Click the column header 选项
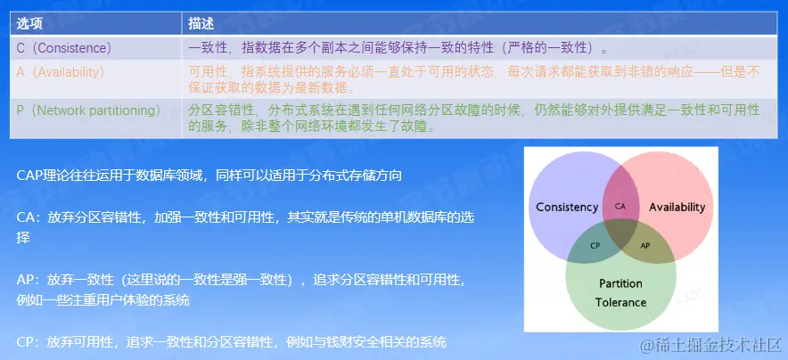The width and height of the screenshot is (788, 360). click(29, 23)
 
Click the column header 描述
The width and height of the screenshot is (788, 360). click(201, 23)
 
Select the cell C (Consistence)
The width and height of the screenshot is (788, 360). click(64, 48)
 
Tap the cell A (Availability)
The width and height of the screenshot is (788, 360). click(61, 72)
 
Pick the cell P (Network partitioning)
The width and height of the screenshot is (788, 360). click(88, 110)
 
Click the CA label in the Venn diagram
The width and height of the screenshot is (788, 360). click(620, 206)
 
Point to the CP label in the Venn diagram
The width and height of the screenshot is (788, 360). click(595, 246)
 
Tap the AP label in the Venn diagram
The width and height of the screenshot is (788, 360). click(645, 246)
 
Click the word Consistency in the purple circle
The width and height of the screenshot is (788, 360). click(567, 208)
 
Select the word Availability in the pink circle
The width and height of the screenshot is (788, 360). click(677, 207)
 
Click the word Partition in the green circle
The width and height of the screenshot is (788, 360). click(620, 283)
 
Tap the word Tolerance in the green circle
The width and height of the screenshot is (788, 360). click(620, 302)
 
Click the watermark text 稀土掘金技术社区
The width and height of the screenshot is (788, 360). click(716, 346)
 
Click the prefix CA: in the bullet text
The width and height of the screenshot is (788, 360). click(29, 218)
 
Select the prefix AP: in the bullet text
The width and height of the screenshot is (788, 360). click(29, 280)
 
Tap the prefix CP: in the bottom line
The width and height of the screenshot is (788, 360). click(29, 342)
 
